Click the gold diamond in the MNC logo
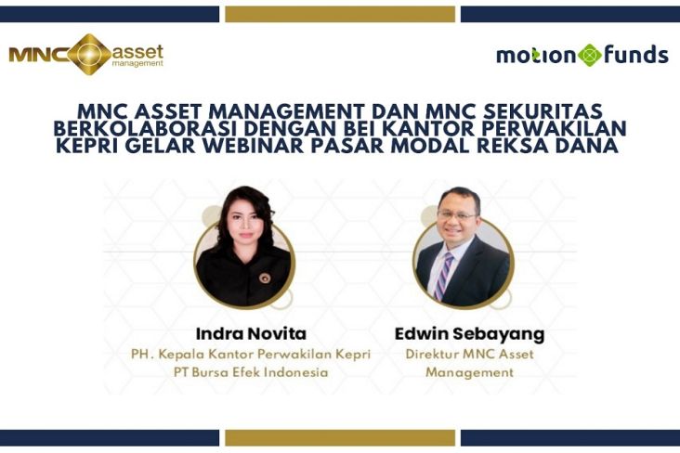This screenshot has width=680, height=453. pos(89,55)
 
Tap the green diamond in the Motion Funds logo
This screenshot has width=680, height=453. pos(589,56)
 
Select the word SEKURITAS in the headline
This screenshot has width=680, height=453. pos(543,111)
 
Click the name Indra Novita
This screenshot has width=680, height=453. pos(251,333)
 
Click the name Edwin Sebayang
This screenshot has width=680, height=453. pos(470,334)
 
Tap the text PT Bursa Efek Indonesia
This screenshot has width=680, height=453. pos(251,372)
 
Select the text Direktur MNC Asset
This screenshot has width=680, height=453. pos(470,355)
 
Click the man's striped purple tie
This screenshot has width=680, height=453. pos(444,276)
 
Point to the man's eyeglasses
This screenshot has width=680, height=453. pos(458,214)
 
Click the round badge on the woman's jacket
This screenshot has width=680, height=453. pos(265,278)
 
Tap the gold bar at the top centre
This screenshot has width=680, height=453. pos(340,14)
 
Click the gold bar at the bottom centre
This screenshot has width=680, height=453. pos(340,438)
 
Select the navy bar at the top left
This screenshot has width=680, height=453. pos(110,14)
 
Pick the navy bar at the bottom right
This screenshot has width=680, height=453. pos(570,438)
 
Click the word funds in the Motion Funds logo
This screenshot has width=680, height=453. pos(635,55)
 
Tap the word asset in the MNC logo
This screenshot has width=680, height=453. pos(137,53)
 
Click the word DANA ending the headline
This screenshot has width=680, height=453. pos(589,146)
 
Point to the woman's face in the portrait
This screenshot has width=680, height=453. pos(245,224)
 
